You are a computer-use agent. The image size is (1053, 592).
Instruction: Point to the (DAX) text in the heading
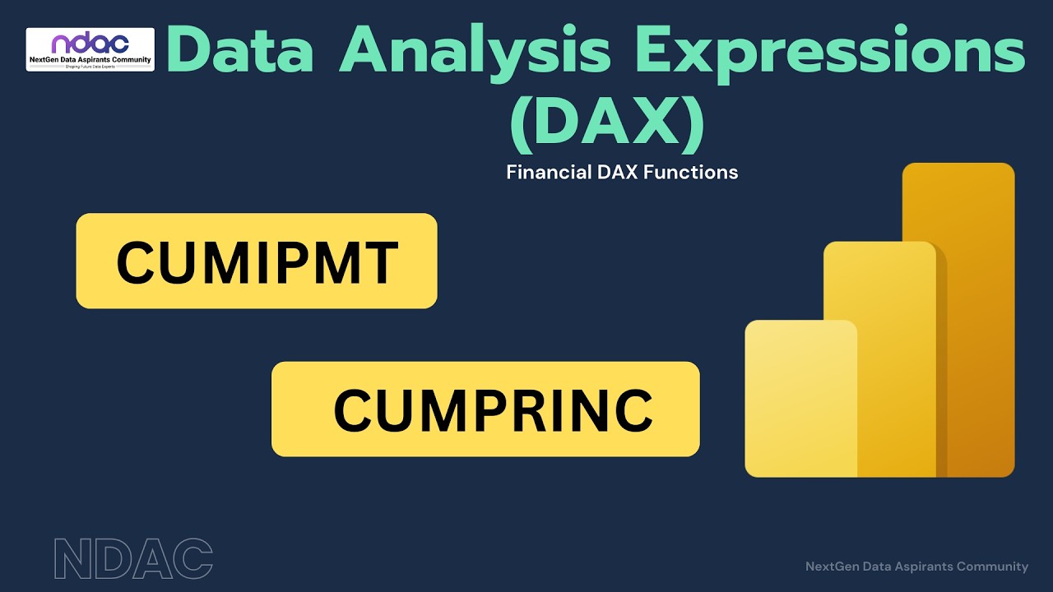pyautogui.click(x=607, y=123)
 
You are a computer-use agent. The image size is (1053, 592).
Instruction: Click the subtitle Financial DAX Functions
pyautogui.click(x=622, y=173)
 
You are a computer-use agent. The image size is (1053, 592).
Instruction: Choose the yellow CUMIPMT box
pyautogui.click(x=257, y=261)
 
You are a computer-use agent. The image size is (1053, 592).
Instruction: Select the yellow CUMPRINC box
pyautogui.click(x=485, y=409)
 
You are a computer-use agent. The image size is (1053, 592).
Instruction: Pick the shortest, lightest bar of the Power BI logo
pyautogui.click(x=800, y=398)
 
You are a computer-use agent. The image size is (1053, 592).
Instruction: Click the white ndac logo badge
pyautogui.click(x=90, y=49)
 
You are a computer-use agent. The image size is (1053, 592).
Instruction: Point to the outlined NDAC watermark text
pyautogui.click(x=133, y=558)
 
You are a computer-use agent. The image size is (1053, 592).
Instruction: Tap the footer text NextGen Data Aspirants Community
pyautogui.click(x=916, y=567)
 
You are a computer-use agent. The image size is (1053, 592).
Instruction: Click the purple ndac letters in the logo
pyautogui.click(x=90, y=44)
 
